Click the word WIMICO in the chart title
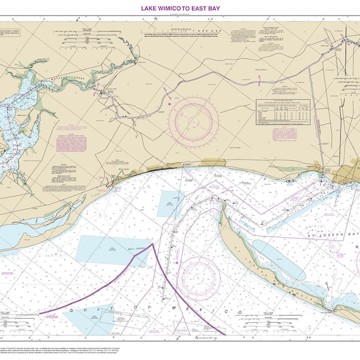(171, 8)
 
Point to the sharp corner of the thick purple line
(153, 244)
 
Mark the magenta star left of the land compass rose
(170, 104)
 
